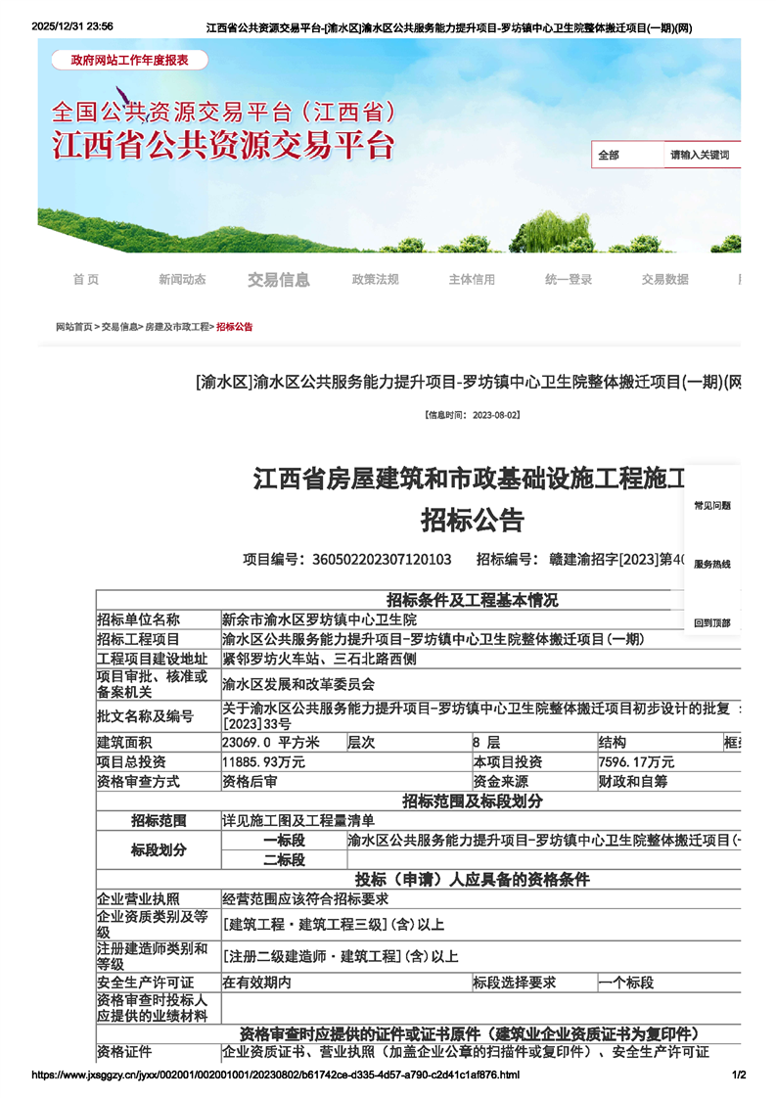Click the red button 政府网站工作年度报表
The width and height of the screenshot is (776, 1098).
[129, 61]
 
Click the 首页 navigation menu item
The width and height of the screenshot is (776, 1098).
[86, 280]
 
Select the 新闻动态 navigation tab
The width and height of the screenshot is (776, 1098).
[182, 280]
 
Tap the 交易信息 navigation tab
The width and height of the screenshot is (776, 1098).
[279, 280]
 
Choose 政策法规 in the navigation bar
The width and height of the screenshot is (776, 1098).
[376, 280]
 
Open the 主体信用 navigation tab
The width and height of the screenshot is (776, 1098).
[472, 280]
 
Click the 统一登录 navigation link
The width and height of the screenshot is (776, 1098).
[569, 280]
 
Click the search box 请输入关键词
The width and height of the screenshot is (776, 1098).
[701, 156]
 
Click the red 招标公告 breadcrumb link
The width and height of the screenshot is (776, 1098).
[235, 327]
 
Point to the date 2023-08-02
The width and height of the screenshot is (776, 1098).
[495, 415]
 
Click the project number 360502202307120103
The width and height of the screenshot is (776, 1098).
[381, 560]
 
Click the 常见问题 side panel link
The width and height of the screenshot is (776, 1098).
[712, 506]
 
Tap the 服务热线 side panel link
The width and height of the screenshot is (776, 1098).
[712, 565]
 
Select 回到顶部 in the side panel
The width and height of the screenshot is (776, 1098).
[712, 623]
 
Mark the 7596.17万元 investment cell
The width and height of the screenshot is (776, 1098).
[636, 762]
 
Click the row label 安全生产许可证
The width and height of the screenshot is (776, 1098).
[145, 983]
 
